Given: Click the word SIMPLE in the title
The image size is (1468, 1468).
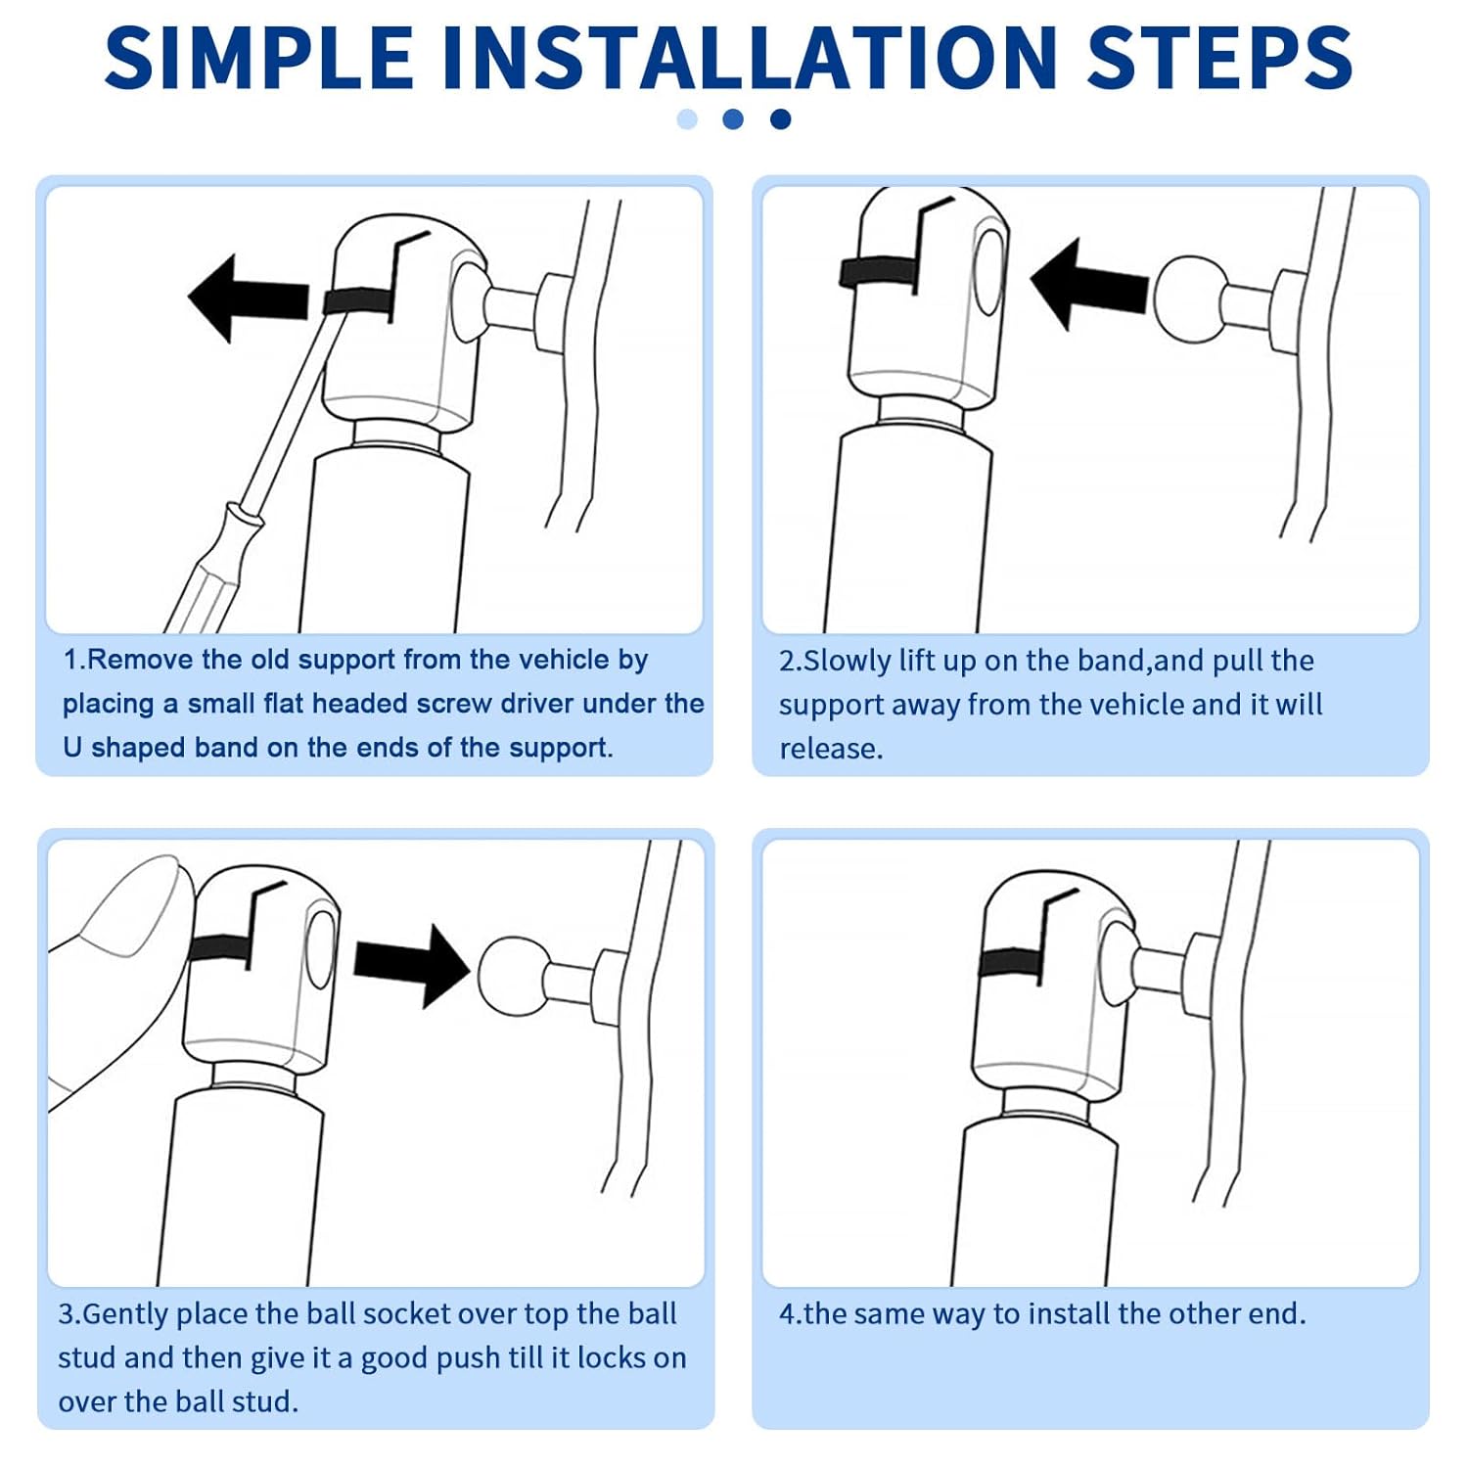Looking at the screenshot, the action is point(259,58).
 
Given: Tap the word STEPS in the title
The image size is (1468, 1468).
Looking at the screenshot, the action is point(1219,58).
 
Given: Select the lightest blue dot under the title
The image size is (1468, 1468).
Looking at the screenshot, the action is point(687,119).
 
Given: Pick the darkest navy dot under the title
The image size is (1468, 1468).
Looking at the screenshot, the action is point(780,119).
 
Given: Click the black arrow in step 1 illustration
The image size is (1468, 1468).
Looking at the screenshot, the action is point(249,298).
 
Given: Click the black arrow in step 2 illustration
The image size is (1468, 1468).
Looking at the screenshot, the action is point(1089,285).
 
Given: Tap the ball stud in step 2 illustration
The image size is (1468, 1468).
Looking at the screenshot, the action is point(1190,298).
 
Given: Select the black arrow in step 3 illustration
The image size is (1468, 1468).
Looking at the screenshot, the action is point(412,963).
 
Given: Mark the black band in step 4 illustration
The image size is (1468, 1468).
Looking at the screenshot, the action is point(1012,962).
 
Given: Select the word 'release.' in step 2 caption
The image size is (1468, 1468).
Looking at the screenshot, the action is point(831,749).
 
